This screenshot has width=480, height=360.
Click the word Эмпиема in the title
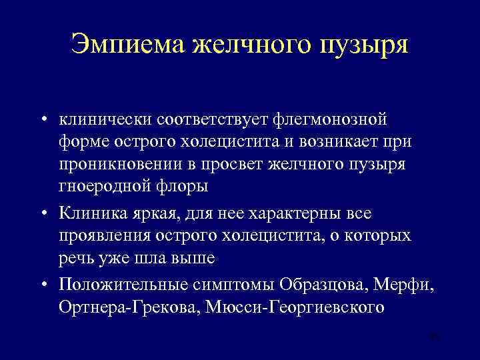coord(126,45)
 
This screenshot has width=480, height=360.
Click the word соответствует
coord(211,119)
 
